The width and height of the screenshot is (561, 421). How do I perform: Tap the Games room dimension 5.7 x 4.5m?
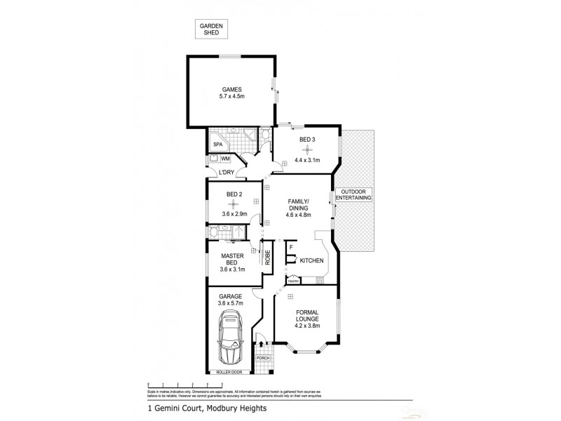pos(231,98)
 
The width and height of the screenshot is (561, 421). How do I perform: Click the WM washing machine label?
pos(225,159)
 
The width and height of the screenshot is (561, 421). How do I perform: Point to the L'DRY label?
pos(226,173)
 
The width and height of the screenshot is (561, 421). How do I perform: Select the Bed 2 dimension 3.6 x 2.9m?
pos(234,213)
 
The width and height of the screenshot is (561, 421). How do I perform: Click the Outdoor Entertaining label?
pos(353,195)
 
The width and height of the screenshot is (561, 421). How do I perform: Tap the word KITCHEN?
pos(311,260)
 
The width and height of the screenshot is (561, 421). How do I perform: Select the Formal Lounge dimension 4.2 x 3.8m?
pos(308,320)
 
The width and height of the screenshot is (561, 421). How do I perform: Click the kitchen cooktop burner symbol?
pos(320,281)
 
